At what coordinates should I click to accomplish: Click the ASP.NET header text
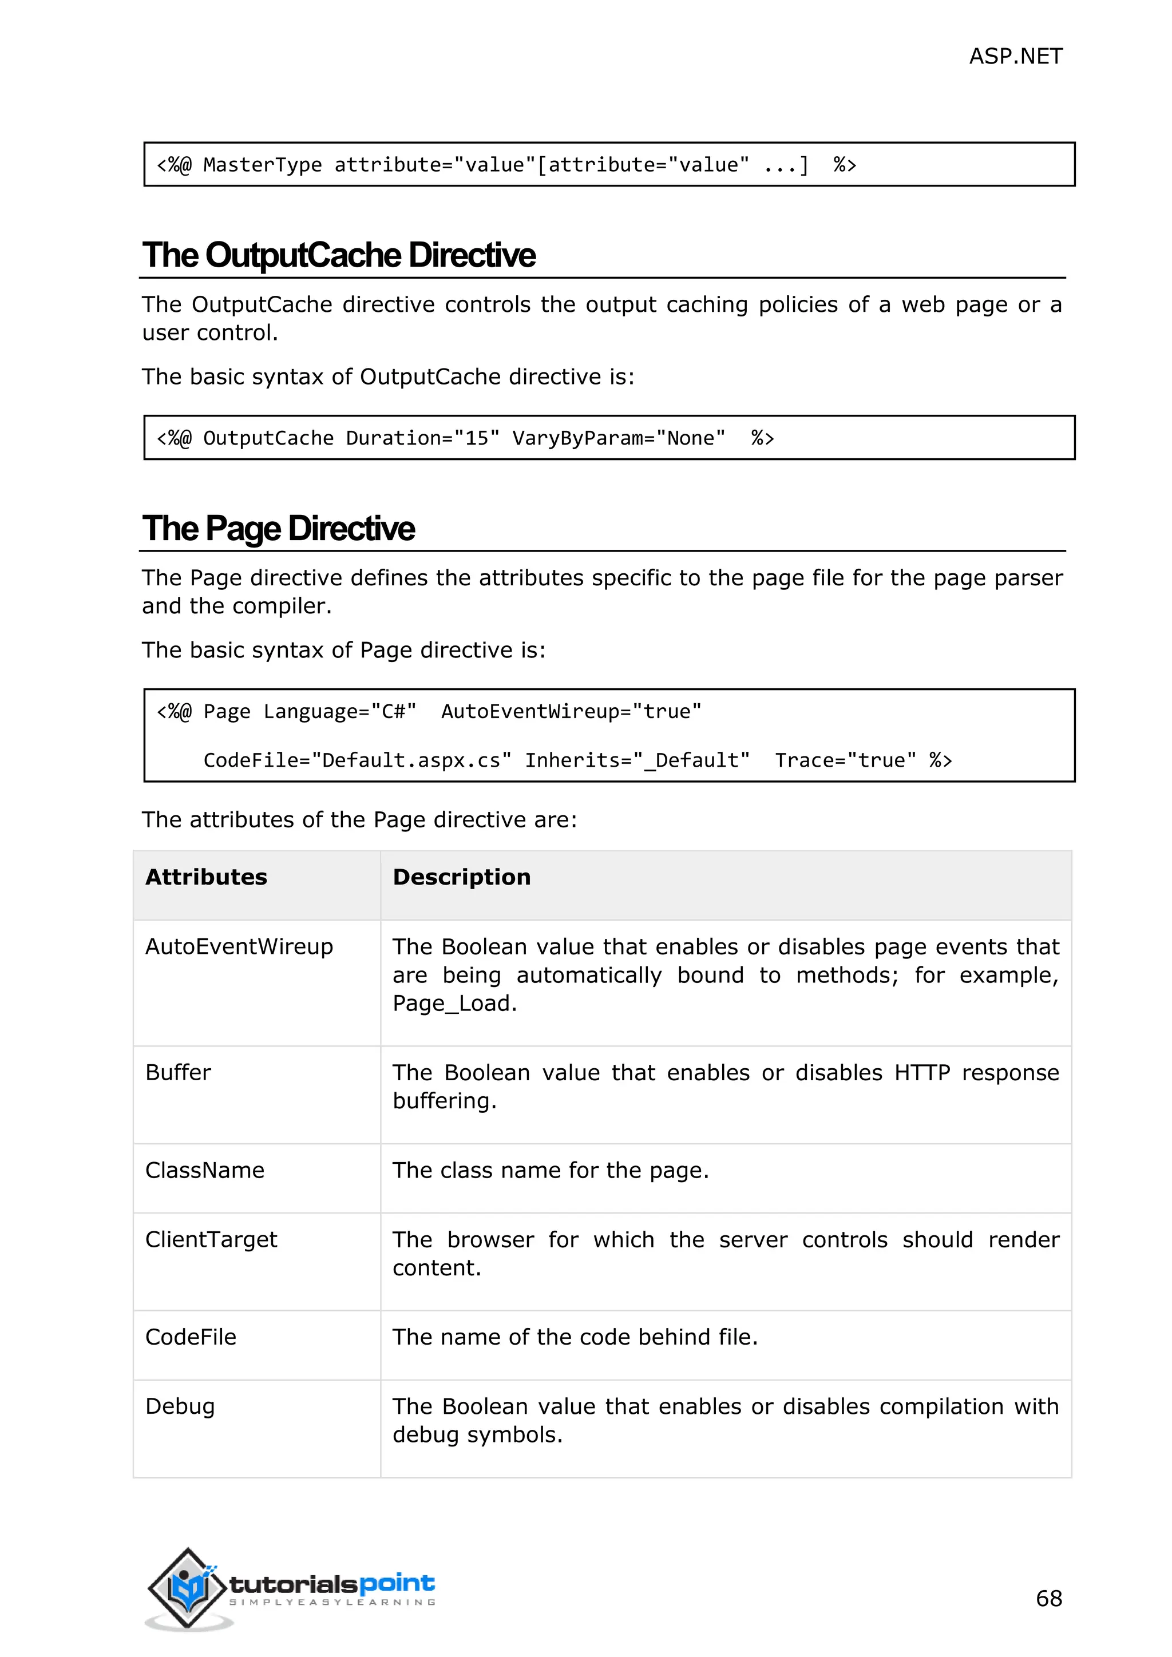[1015, 56]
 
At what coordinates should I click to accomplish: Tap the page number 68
[1048, 1598]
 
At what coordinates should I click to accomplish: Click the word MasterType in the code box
[262, 165]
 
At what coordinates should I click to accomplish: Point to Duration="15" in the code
[422, 438]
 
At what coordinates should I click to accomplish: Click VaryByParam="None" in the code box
[619, 438]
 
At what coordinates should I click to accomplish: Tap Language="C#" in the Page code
[340, 712]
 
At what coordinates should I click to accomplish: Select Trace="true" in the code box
[845, 760]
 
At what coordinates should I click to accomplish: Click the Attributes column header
[207, 877]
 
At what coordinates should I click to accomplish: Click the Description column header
[461, 877]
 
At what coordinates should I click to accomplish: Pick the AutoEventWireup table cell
[239, 947]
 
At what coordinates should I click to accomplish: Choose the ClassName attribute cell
[205, 1170]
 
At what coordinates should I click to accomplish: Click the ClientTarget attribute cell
[211, 1239]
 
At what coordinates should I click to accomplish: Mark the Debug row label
[180, 1406]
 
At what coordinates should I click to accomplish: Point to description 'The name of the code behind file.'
[575, 1337]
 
